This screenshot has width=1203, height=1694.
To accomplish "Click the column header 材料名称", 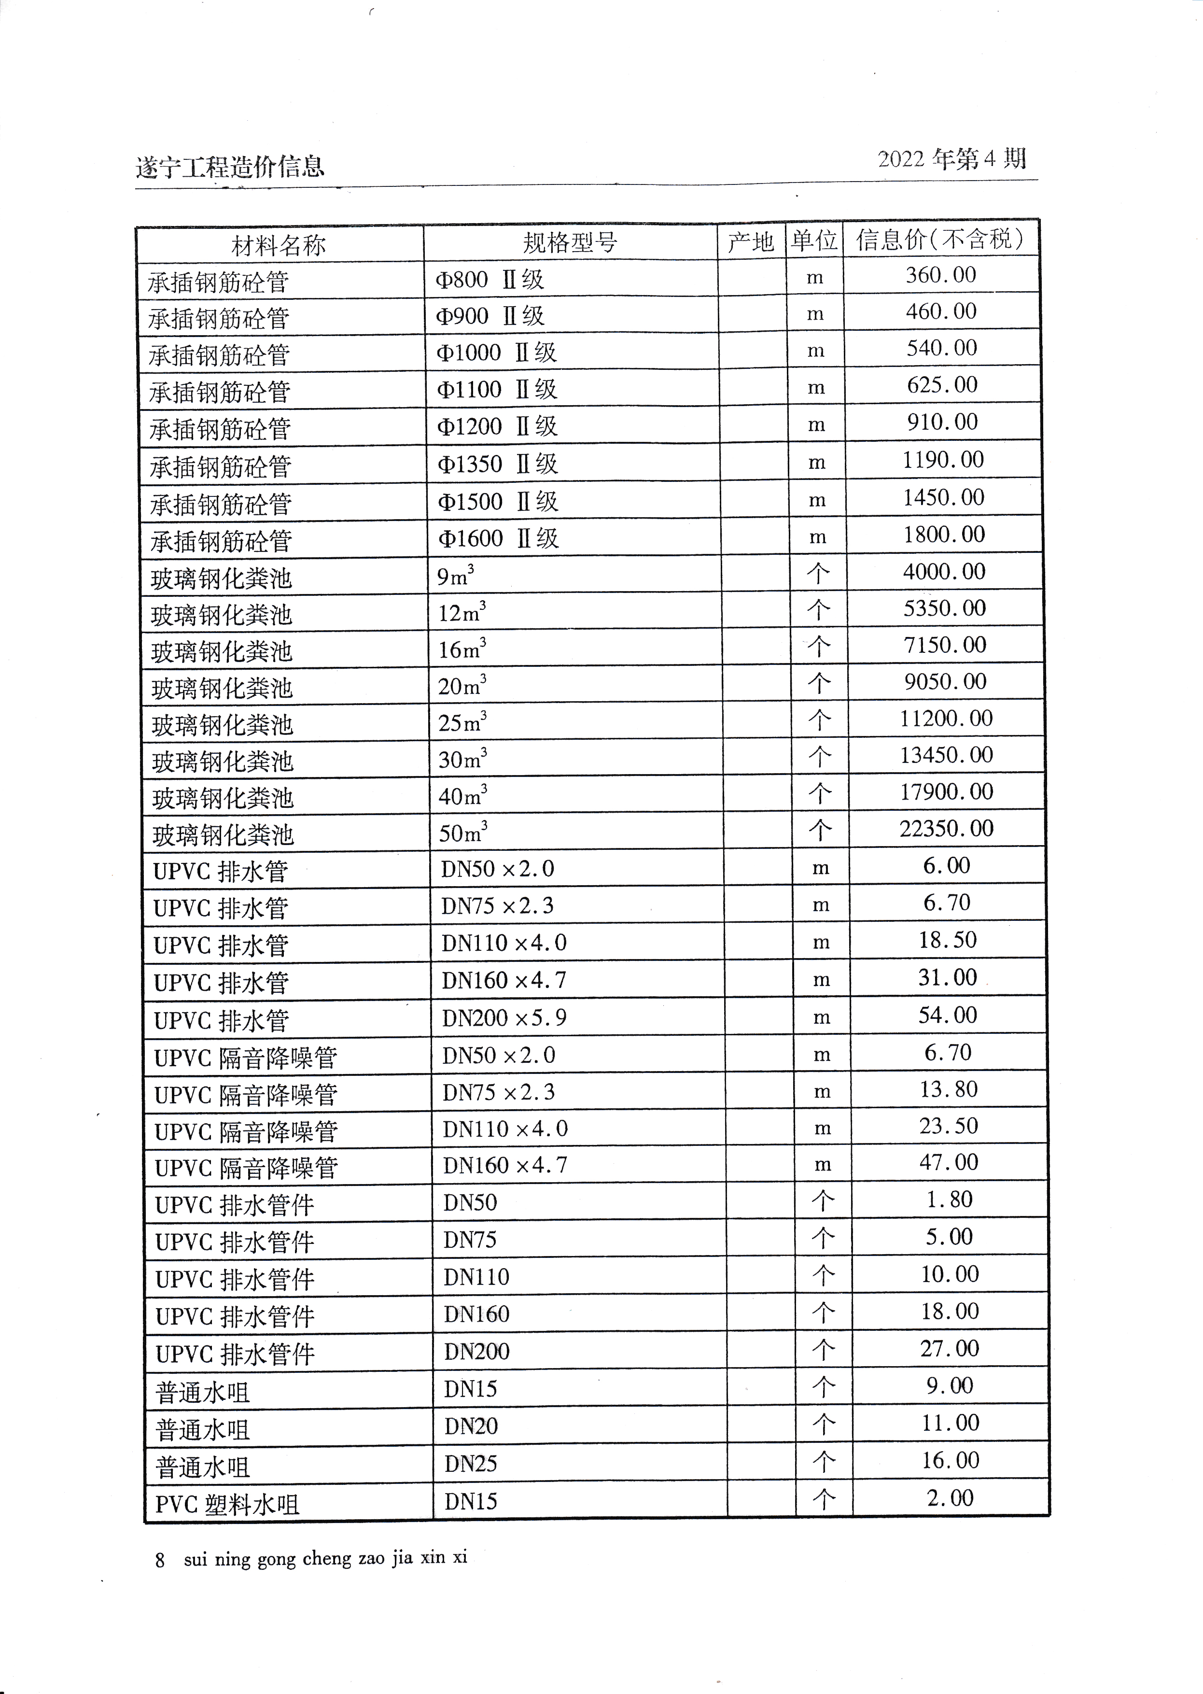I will (279, 244).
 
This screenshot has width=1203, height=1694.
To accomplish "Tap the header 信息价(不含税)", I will (941, 239).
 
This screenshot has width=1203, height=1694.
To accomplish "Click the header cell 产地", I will (750, 241).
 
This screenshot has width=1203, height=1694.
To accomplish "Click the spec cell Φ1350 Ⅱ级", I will (497, 465).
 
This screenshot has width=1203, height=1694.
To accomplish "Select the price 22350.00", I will (946, 829).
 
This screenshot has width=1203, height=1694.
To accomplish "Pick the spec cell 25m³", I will (462, 722).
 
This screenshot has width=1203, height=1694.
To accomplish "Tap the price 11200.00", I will (946, 718).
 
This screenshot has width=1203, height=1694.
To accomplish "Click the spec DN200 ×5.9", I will (504, 1018).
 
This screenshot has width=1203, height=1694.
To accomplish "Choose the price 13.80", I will (948, 1089).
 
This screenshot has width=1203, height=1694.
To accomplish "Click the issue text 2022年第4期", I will (952, 158).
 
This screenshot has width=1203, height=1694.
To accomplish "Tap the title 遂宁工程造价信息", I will (230, 166).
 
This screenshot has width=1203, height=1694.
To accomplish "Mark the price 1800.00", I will (944, 534).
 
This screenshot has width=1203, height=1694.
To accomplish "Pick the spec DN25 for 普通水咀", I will (470, 1464).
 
